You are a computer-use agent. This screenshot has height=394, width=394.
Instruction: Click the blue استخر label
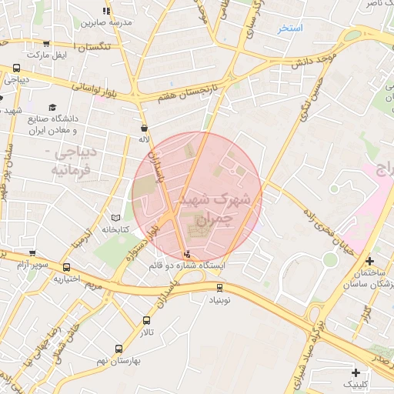click(x=292, y=28)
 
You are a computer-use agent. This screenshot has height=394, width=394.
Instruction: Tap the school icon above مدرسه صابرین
click(x=106, y=11)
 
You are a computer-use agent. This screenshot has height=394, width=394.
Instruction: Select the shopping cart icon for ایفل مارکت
click(x=46, y=44)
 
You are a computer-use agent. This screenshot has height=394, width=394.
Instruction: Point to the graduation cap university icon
click(x=52, y=107)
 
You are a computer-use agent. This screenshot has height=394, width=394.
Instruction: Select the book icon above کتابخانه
click(x=116, y=218)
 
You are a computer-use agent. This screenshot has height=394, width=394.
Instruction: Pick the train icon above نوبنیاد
click(x=220, y=288)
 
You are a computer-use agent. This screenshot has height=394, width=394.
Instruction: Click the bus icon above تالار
click(x=146, y=320)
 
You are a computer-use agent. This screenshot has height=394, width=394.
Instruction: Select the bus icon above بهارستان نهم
click(x=118, y=349)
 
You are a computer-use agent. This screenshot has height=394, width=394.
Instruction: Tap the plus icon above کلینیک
click(x=355, y=372)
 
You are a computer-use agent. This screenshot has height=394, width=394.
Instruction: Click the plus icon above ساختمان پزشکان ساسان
click(x=370, y=262)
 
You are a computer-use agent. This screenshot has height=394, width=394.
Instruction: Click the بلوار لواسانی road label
click(x=95, y=87)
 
